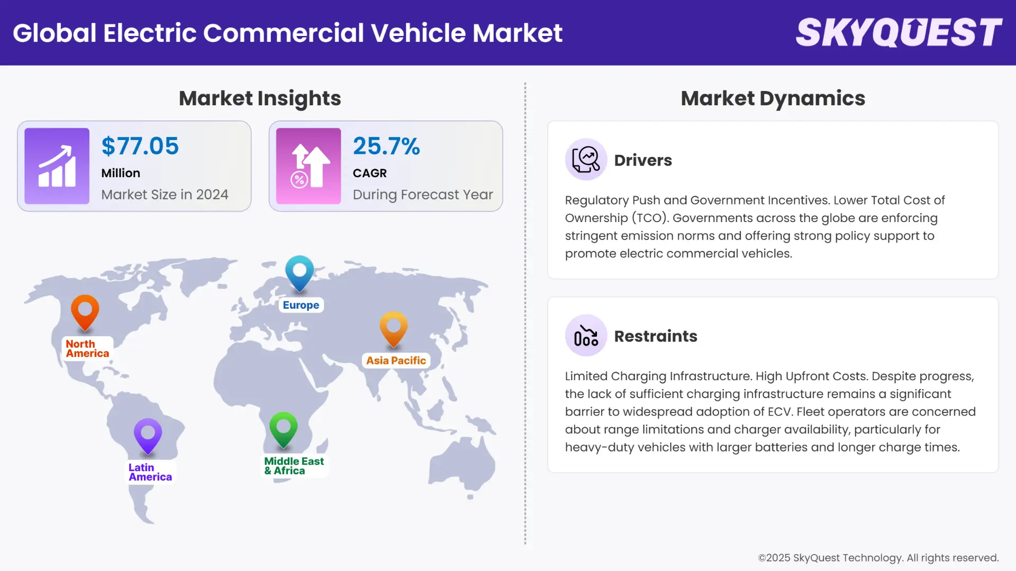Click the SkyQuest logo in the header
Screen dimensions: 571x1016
tap(899, 32)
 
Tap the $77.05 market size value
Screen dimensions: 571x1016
tap(140, 146)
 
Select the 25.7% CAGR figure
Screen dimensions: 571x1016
tap(386, 146)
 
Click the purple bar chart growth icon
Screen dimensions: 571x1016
tap(57, 166)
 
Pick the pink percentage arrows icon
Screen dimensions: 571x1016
tap(309, 166)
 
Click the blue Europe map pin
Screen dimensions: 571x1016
tap(300, 272)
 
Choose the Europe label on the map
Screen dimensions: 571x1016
tap(301, 305)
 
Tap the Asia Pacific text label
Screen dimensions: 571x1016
tap(396, 361)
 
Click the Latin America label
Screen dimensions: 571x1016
tap(150, 472)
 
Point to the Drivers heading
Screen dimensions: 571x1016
tap(643, 160)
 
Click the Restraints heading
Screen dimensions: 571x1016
tap(656, 336)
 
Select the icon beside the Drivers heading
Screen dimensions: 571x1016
tap(586, 159)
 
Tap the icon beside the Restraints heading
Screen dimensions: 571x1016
tap(586, 335)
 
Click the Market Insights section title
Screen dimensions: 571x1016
tap(260, 98)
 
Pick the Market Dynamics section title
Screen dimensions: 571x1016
tap(773, 98)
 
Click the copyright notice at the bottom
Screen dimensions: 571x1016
tap(878, 558)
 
